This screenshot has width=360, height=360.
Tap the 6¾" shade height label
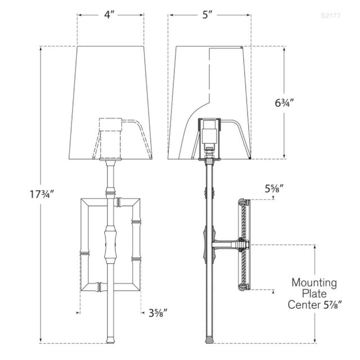click(285, 103)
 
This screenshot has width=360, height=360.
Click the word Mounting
click(313, 282)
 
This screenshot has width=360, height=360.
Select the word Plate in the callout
click(313, 294)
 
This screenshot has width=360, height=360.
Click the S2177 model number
click(331, 16)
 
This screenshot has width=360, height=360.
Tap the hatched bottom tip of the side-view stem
click(209, 340)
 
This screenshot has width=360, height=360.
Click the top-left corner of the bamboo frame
click(84, 201)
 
